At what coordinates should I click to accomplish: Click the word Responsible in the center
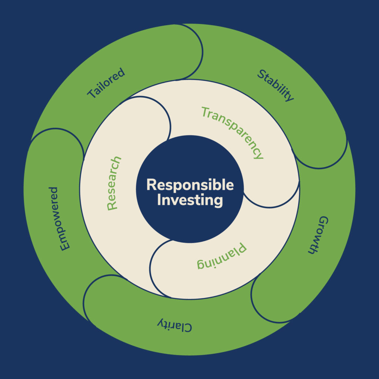tap(190, 185)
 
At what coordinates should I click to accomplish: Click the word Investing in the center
tap(190, 200)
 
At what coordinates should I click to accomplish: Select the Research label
tap(114, 184)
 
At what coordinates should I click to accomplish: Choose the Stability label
tap(276, 85)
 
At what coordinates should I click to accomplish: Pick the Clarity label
tap(174, 325)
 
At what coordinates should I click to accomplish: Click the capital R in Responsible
tap(151, 185)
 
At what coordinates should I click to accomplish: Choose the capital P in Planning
tap(241, 249)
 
